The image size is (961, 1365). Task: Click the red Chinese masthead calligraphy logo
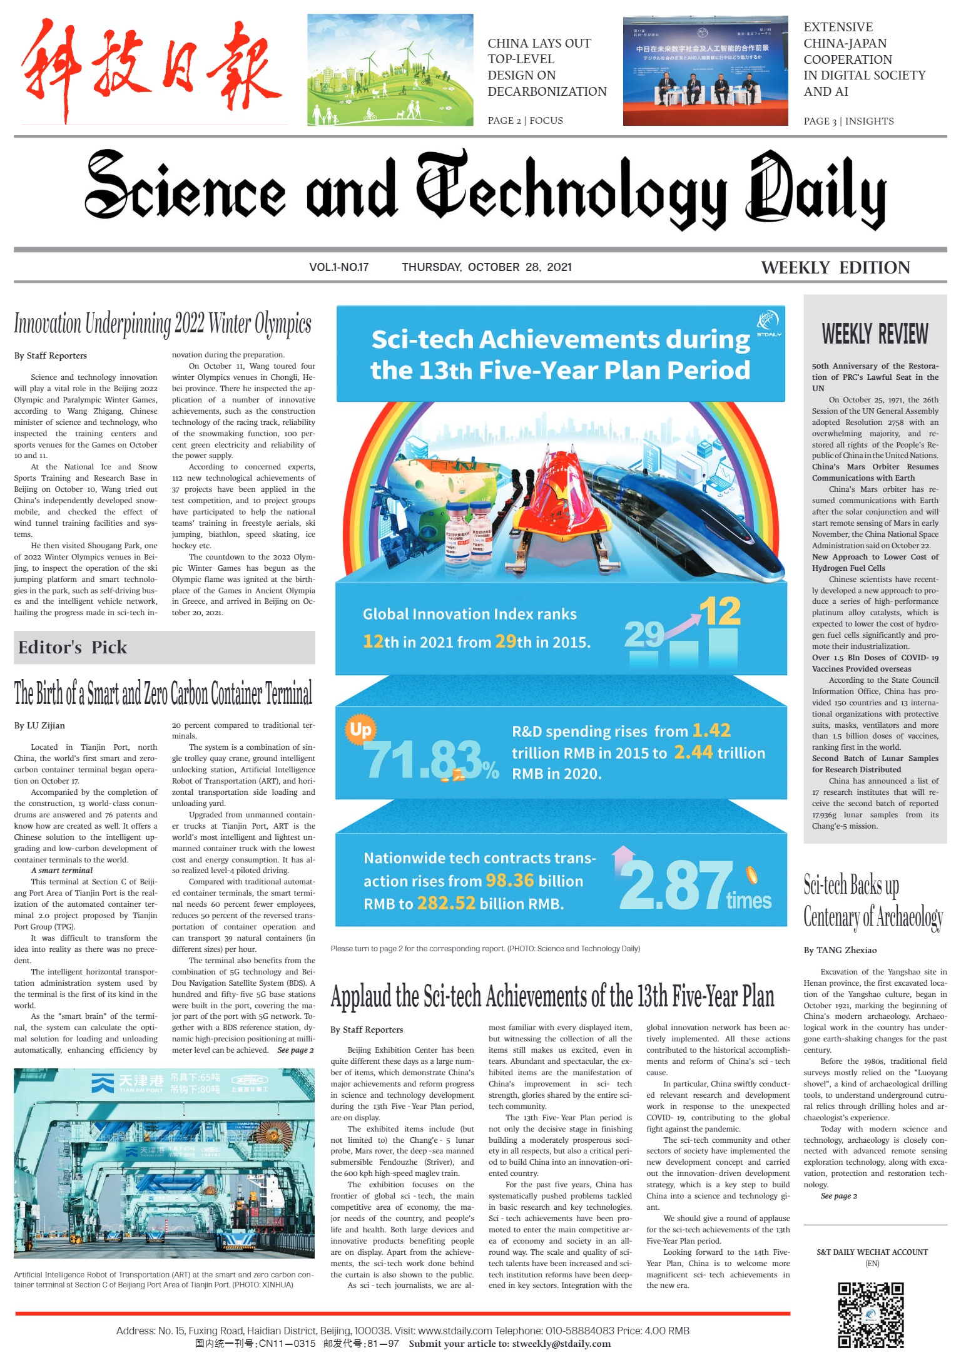150,69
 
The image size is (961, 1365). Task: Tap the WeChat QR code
871,1315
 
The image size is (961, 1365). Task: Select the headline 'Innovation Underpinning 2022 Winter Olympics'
163,324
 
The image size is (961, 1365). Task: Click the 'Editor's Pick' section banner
73,648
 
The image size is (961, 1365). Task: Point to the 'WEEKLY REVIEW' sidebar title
875,334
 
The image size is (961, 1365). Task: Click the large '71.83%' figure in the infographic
432,760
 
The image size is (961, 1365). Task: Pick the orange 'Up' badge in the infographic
360,730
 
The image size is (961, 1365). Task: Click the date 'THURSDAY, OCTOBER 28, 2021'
487,267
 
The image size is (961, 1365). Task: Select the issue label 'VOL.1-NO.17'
338,267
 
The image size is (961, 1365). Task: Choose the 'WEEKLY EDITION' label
835,268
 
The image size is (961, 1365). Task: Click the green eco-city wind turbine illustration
390,69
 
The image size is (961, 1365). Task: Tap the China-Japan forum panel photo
705,71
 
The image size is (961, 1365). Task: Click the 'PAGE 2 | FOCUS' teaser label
525,121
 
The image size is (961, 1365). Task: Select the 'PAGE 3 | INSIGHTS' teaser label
848,121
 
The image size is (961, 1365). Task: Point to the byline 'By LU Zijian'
39,726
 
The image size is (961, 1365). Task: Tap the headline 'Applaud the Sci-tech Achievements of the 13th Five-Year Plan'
552,996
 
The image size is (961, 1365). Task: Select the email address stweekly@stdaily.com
561,1344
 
